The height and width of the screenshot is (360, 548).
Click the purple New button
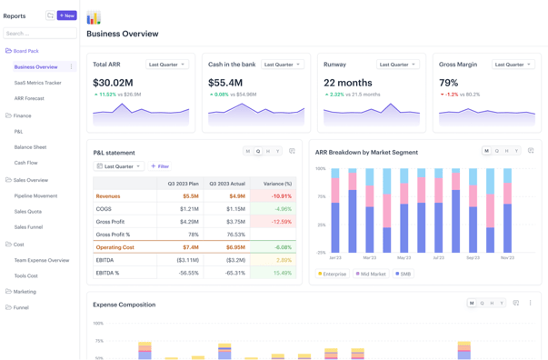66,15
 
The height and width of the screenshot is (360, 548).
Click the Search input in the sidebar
39,34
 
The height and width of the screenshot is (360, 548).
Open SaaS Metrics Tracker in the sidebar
38,83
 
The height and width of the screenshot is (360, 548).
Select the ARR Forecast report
29,98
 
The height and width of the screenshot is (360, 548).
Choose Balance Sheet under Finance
30,147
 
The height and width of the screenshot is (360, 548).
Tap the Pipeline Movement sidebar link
35,195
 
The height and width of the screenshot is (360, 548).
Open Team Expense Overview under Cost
42,260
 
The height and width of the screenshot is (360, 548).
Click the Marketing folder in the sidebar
25,292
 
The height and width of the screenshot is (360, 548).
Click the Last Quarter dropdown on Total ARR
167,65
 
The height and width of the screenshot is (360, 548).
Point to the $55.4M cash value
225,83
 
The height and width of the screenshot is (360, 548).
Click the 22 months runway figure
347,83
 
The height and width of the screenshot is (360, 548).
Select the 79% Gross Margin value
448,83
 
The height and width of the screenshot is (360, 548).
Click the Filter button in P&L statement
160,166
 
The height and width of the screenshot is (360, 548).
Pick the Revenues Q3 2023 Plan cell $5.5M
190,196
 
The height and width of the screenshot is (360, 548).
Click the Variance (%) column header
277,184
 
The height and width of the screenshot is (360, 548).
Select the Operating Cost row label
115,247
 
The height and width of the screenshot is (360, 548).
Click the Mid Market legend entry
371,274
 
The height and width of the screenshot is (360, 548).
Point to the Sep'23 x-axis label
473,258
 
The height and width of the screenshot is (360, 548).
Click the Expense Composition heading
124,305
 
